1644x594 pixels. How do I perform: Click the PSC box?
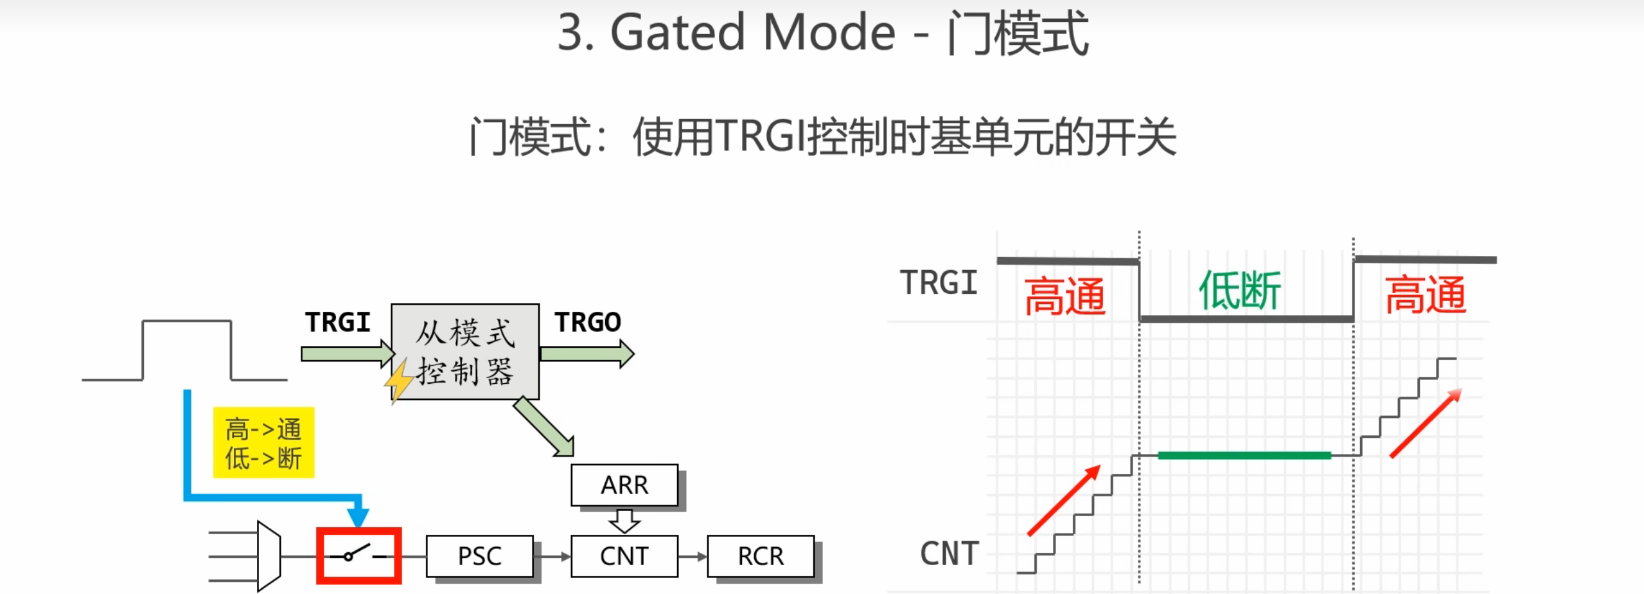pyautogui.click(x=479, y=556)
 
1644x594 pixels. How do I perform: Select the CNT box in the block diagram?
pyautogui.click(x=624, y=556)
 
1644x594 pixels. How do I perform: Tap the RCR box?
pyautogui.click(x=761, y=556)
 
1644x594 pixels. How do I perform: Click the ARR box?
pyautogui.click(x=624, y=485)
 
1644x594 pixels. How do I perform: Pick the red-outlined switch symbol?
pyautogui.click(x=359, y=556)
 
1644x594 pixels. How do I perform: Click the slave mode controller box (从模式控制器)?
pyautogui.click(x=464, y=352)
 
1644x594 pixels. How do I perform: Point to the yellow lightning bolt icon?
pyautogui.click(x=398, y=381)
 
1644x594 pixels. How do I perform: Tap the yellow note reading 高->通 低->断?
pyautogui.click(x=263, y=442)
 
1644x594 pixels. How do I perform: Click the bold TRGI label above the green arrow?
pyautogui.click(x=338, y=322)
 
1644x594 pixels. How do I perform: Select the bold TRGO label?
pyautogui.click(x=588, y=322)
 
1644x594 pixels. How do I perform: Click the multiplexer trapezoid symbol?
pyautogui.click(x=269, y=556)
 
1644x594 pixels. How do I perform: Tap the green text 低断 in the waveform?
pyautogui.click(x=1239, y=291)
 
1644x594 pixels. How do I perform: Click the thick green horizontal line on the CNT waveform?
pyautogui.click(x=1244, y=455)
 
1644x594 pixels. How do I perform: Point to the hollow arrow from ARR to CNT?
pyautogui.click(x=624, y=521)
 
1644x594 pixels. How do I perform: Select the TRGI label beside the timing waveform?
pyautogui.click(x=939, y=283)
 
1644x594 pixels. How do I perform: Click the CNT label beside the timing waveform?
pyautogui.click(x=950, y=553)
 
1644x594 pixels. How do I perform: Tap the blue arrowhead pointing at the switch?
pyautogui.click(x=358, y=515)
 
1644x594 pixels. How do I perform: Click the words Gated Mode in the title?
pyautogui.click(x=752, y=32)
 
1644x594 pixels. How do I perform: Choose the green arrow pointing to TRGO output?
pyautogui.click(x=587, y=354)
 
